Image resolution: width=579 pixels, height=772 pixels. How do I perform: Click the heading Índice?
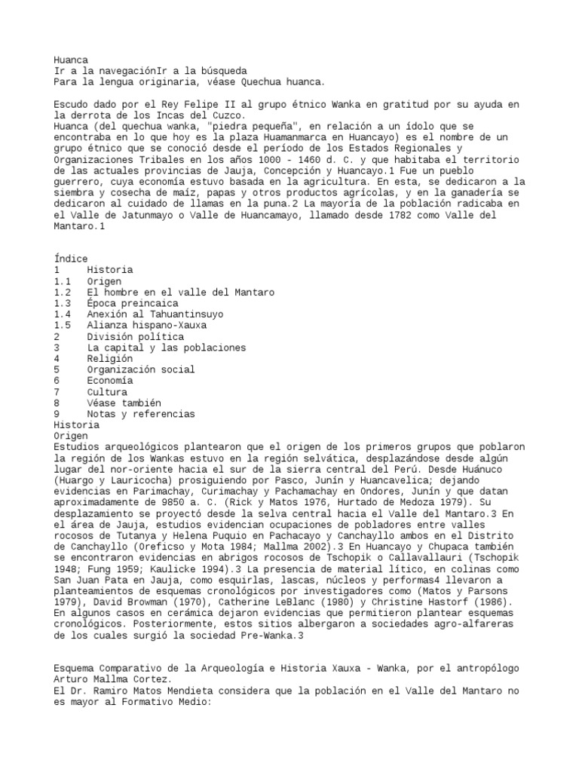click(71, 259)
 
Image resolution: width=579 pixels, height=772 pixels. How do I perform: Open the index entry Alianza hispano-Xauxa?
click(146, 326)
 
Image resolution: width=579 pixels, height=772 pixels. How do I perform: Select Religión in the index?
click(109, 359)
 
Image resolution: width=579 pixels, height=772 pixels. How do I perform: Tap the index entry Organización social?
click(139, 370)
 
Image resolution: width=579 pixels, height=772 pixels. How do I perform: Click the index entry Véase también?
click(123, 403)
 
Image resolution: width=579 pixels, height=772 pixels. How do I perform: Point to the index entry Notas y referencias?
click(139, 414)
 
